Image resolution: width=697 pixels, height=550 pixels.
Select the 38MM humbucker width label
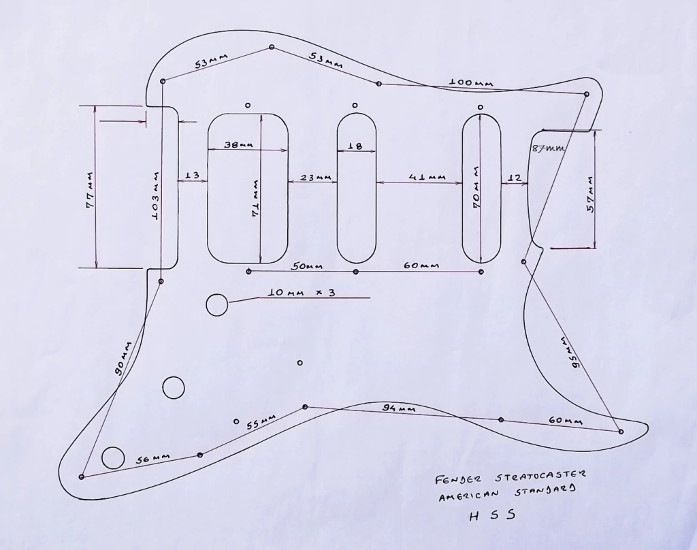click(x=239, y=146)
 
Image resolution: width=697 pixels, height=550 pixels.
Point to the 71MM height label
click(x=255, y=198)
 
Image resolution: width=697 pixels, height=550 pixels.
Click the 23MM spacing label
click(x=315, y=178)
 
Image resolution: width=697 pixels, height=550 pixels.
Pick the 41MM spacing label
click(x=427, y=178)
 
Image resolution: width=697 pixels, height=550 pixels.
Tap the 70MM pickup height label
click(x=478, y=187)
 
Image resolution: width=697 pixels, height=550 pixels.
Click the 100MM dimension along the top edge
click(x=470, y=83)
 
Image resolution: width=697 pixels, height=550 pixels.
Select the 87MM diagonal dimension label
click(x=548, y=148)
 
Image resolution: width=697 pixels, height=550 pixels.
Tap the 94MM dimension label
click(x=398, y=408)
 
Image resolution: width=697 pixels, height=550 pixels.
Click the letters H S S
click(x=493, y=515)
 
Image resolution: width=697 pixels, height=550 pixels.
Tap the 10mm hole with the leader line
click(x=217, y=304)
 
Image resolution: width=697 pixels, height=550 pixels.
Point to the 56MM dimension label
click(x=152, y=458)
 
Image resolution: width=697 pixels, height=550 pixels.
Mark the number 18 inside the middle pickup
click(x=355, y=146)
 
